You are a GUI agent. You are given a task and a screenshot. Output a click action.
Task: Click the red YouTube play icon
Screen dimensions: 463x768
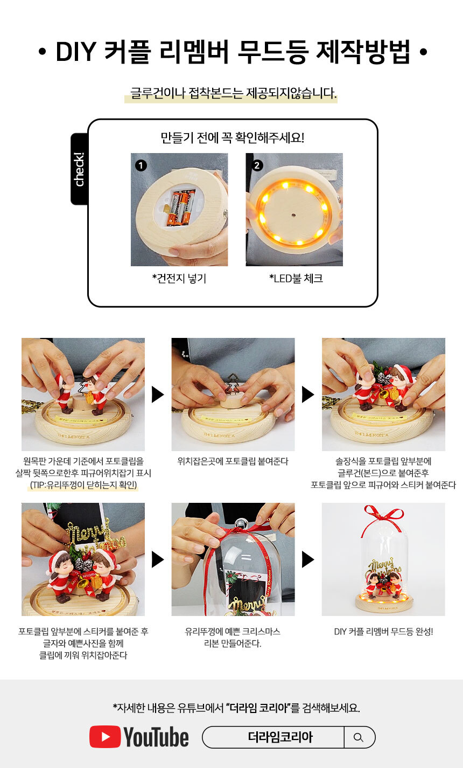[x=105, y=736]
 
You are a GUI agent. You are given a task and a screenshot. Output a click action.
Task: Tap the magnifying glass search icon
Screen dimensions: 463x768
[x=358, y=737]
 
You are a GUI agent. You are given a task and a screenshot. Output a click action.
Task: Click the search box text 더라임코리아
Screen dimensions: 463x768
[x=280, y=737]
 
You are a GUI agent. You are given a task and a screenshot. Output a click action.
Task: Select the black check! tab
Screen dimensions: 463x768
[x=79, y=169]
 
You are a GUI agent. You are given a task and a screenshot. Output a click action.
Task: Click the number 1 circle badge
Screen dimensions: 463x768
[x=141, y=165]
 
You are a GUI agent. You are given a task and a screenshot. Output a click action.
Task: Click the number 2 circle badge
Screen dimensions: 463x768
[x=257, y=165]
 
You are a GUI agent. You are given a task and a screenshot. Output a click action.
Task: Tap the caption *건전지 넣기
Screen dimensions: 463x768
[x=179, y=279]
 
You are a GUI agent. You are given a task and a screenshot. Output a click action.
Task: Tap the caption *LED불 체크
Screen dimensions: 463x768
[x=296, y=279]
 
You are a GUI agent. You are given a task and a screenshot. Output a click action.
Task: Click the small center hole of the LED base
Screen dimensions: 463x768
[x=293, y=216]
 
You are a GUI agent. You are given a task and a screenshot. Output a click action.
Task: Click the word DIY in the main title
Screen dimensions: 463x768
[x=76, y=52]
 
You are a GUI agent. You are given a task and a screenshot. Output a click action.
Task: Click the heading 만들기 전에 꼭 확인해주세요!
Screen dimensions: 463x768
[x=233, y=138]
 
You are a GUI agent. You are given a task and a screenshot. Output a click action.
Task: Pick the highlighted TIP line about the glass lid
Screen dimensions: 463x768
[x=83, y=485]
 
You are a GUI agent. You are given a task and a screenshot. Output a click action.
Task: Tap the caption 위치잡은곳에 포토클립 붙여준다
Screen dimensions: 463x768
[x=233, y=461]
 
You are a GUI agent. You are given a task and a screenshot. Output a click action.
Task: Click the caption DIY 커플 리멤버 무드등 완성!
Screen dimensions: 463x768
[x=383, y=632]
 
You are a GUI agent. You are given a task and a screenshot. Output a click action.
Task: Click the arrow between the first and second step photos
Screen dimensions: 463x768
[x=158, y=395]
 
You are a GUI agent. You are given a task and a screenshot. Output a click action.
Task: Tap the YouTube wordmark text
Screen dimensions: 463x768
[x=156, y=737]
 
